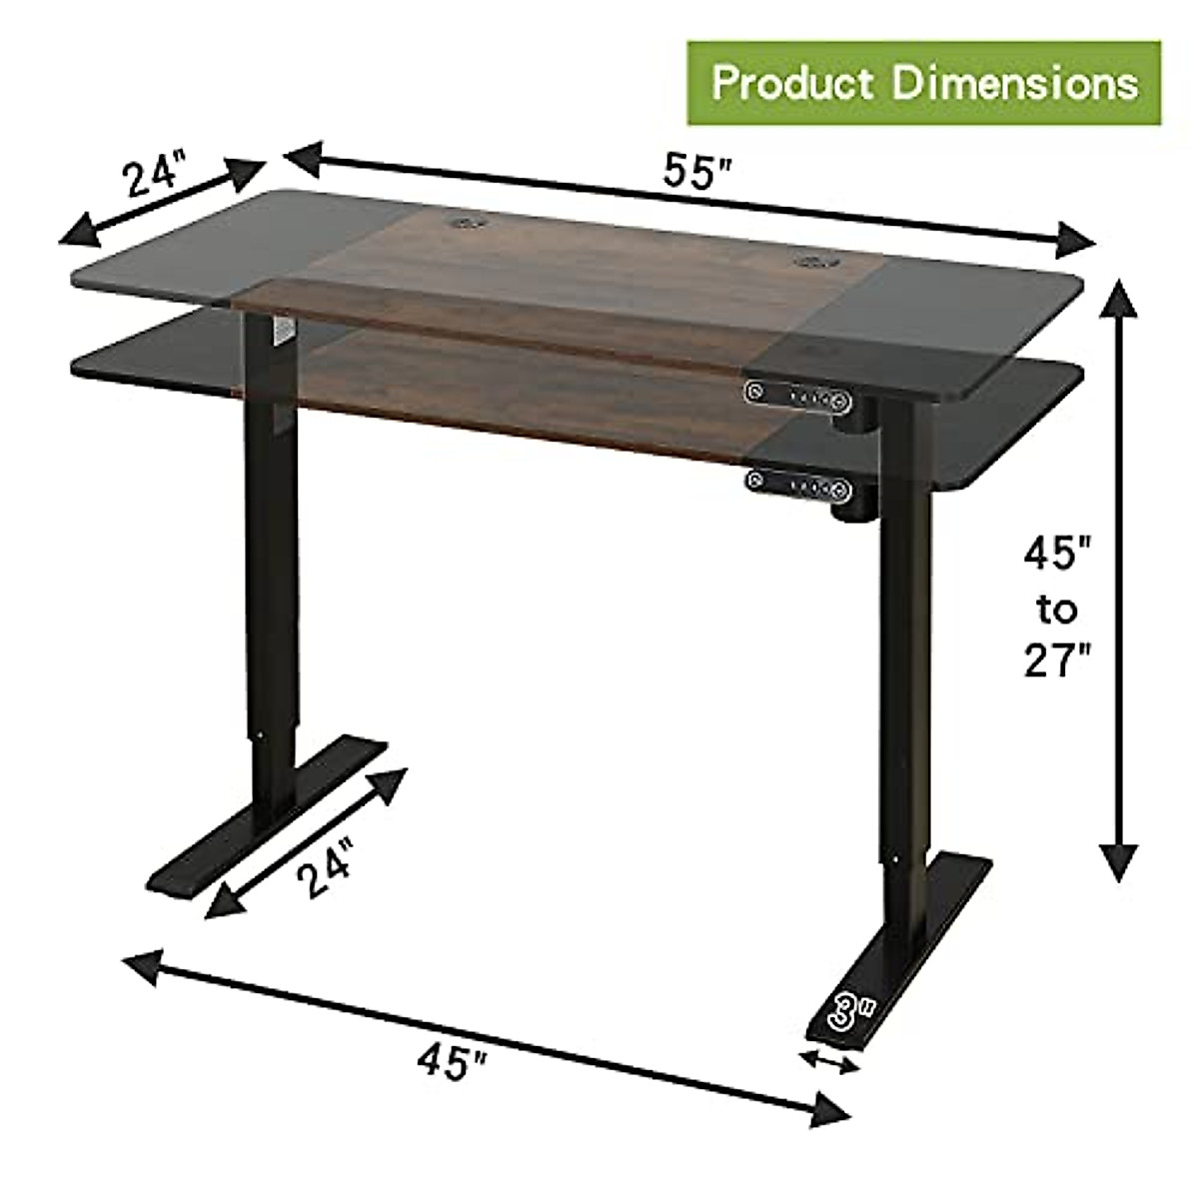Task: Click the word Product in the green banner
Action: pyautogui.click(x=791, y=82)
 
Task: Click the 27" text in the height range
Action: pyautogui.click(x=1057, y=660)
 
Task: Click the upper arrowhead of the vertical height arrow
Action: pyautogui.click(x=1118, y=299)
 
